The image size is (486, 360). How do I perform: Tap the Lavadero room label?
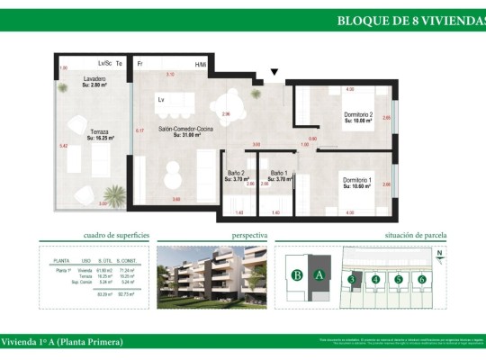95,80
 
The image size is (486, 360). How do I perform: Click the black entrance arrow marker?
274,73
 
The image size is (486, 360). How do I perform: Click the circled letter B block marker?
296,276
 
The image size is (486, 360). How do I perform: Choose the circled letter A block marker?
318,276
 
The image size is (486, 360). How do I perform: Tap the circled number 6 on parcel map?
421,279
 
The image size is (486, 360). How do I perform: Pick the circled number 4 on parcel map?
375,279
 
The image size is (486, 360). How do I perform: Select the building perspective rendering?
211,276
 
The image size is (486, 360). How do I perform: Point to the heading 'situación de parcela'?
415,235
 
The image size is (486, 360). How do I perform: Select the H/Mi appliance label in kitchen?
201,64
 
